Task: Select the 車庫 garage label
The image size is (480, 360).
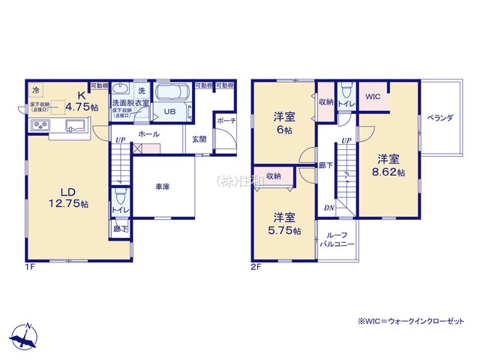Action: coord(162,187)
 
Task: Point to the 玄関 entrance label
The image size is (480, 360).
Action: coord(198,139)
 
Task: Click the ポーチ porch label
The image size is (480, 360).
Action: coord(226,121)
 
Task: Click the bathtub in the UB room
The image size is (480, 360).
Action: coord(174,94)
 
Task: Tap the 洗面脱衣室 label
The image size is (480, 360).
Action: coord(130,103)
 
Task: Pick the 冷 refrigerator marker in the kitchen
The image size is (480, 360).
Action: coord(35,89)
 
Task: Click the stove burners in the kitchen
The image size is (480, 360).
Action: coord(39,125)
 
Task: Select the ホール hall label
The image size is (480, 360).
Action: coord(148,134)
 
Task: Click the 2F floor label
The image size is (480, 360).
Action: coord(256,266)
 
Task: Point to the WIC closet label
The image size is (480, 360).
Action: coord(372,97)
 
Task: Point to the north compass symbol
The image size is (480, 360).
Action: coord(25,337)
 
